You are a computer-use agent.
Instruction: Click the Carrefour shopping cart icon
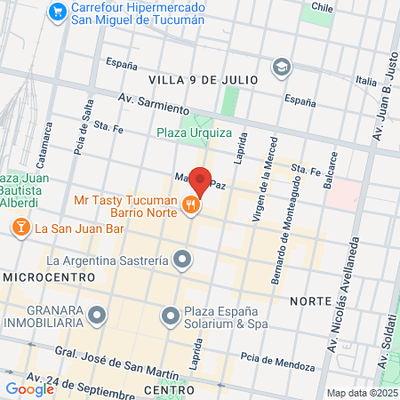point(59,12)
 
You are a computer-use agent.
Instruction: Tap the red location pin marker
point(201,180)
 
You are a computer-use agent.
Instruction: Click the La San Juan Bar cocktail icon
point(19,228)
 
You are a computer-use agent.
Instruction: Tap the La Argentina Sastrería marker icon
point(183,260)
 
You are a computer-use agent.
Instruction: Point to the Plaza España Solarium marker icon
point(170,316)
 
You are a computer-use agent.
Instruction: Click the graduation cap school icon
point(282,67)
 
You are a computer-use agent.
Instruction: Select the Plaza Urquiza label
point(194,134)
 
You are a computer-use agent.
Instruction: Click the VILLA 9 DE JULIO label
point(203,80)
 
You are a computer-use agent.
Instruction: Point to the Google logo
point(29,388)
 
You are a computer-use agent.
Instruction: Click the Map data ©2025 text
point(361,393)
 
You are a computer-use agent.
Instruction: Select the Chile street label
point(321,6)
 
